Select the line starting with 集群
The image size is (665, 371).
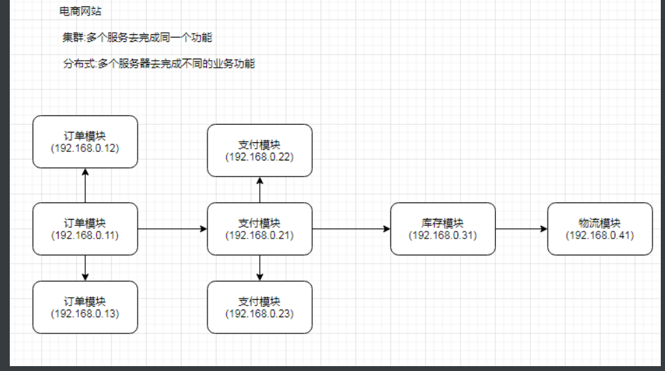[137, 38]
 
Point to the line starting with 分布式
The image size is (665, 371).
[159, 63]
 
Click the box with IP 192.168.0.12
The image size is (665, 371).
[85, 142]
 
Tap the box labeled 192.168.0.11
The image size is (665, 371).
[85, 229]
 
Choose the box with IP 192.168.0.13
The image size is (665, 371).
[85, 307]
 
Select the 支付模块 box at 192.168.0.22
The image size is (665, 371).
[260, 151]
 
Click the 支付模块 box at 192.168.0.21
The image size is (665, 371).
[260, 229]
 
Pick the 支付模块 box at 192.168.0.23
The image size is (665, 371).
[260, 307]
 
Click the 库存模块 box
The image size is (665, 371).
[443, 229]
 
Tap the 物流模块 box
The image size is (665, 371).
[600, 229]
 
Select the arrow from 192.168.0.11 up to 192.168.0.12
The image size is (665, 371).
[85, 185]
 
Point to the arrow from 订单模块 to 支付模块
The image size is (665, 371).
[173, 229]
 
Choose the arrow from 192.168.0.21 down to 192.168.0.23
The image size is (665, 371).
[260, 268]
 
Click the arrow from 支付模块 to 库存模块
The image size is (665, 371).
[351, 229]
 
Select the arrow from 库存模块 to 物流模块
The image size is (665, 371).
[521, 229]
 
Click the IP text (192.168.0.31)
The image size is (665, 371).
[443, 235]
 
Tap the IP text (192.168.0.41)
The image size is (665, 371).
[600, 235]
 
